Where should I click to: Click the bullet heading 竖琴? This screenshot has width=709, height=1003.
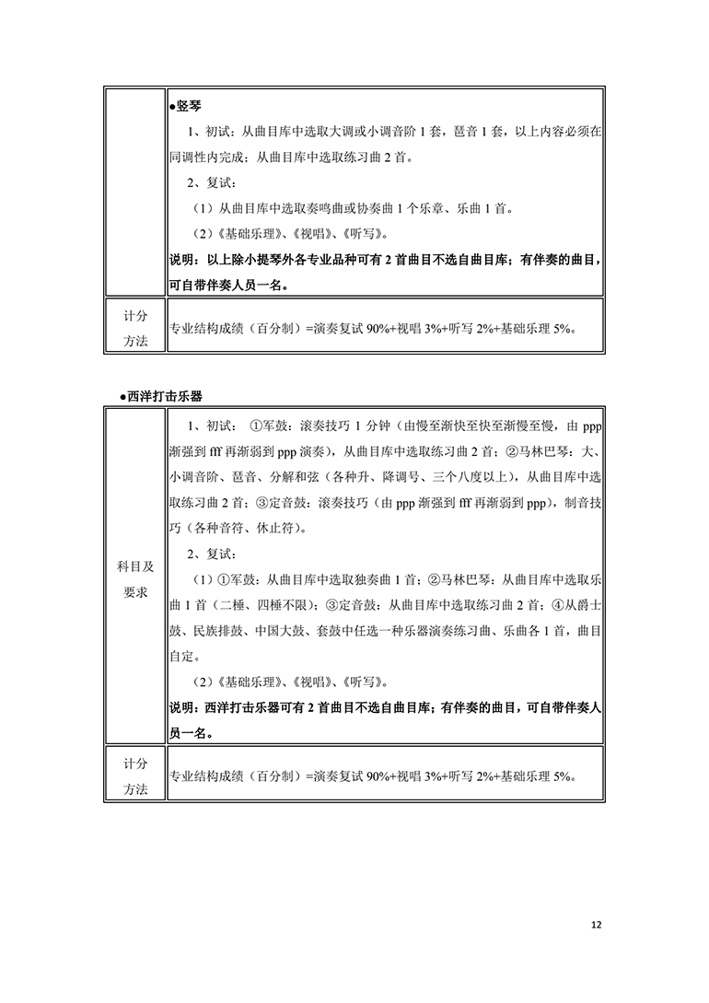189,107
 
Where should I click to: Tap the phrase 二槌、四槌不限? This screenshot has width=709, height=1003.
263,606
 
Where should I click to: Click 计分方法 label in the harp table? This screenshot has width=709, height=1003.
134,327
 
